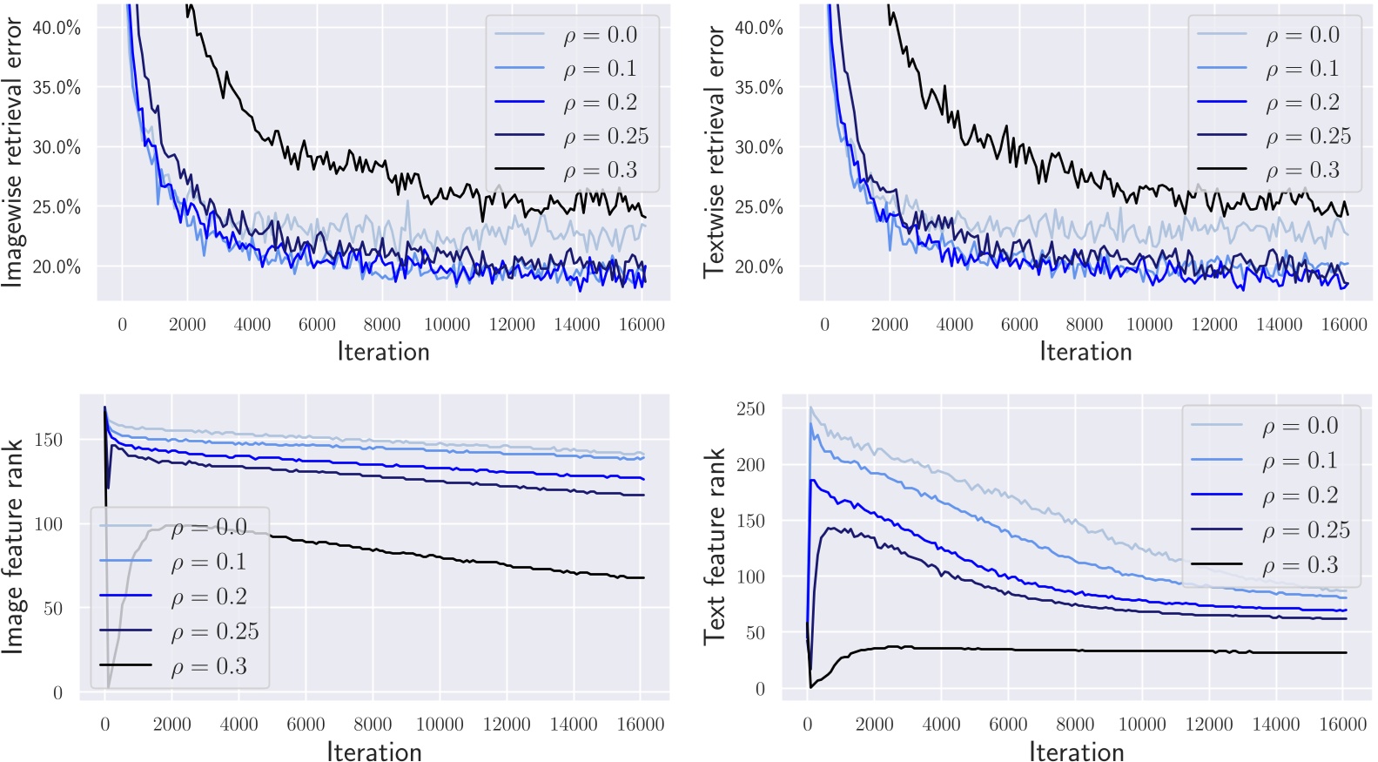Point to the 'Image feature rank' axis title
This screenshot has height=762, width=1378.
pos(12,546)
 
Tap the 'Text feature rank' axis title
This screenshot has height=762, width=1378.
pos(715,546)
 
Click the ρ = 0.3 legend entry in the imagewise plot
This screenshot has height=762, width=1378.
pos(600,170)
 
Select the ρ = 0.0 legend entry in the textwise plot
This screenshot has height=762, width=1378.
pos(1302,35)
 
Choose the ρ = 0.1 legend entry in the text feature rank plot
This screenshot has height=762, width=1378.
pos(1299,461)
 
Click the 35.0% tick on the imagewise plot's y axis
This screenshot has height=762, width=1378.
pos(57,87)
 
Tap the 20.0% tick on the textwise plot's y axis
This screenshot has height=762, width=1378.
pos(759,266)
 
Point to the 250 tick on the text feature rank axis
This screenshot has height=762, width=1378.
pos(750,408)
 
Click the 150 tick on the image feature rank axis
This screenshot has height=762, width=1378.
pos(49,440)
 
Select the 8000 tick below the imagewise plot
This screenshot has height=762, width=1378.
pos(382,325)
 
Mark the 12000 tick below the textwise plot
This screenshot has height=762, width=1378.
pos(1214,325)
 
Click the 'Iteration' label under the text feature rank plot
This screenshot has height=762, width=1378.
pos(1077,751)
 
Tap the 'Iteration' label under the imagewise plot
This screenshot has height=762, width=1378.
pos(383,351)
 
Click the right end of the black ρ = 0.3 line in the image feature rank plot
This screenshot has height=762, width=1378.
pos(642,577)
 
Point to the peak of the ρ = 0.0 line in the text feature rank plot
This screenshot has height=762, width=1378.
pos(810,407)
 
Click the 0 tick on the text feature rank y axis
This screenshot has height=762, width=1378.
pos(760,689)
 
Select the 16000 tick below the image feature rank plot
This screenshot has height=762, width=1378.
pos(640,725)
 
